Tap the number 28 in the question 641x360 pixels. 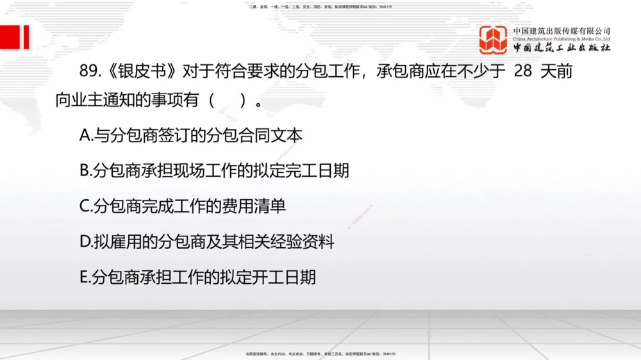(x=523, y=70)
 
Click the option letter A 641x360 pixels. (x=85, y=135)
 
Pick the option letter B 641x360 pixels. (x=85, y=170)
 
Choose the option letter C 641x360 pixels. (x=85, y=206)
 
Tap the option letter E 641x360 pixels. (x=85, y=277)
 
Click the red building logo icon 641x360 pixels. (x=493, y=40)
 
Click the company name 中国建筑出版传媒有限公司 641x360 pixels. (x=562, y=31)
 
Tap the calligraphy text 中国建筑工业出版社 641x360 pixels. (x=562, y=48)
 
